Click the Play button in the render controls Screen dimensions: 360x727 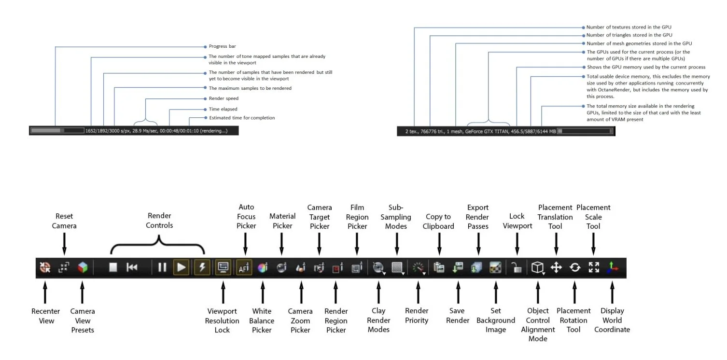[181, 267]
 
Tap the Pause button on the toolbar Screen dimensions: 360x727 [162, 267]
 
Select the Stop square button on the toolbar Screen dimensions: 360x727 [113, 267]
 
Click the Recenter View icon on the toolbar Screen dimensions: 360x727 [45, 267]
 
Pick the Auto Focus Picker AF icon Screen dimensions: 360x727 [244, 268]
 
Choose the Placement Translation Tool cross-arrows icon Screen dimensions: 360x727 [556, 267]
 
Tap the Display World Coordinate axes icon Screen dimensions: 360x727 [612, 267]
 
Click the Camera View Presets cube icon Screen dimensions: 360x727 [83, 267]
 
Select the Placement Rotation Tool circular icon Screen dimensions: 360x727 [574, 267]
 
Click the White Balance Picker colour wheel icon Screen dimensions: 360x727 [262, 268]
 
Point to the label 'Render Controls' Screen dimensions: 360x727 [159, 221]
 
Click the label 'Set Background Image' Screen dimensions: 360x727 [496, 320]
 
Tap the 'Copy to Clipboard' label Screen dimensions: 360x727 [438, 222]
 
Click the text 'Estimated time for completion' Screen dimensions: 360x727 [242, 118]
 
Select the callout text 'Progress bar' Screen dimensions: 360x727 [222, 46]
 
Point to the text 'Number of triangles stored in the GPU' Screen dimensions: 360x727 [629, 35]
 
